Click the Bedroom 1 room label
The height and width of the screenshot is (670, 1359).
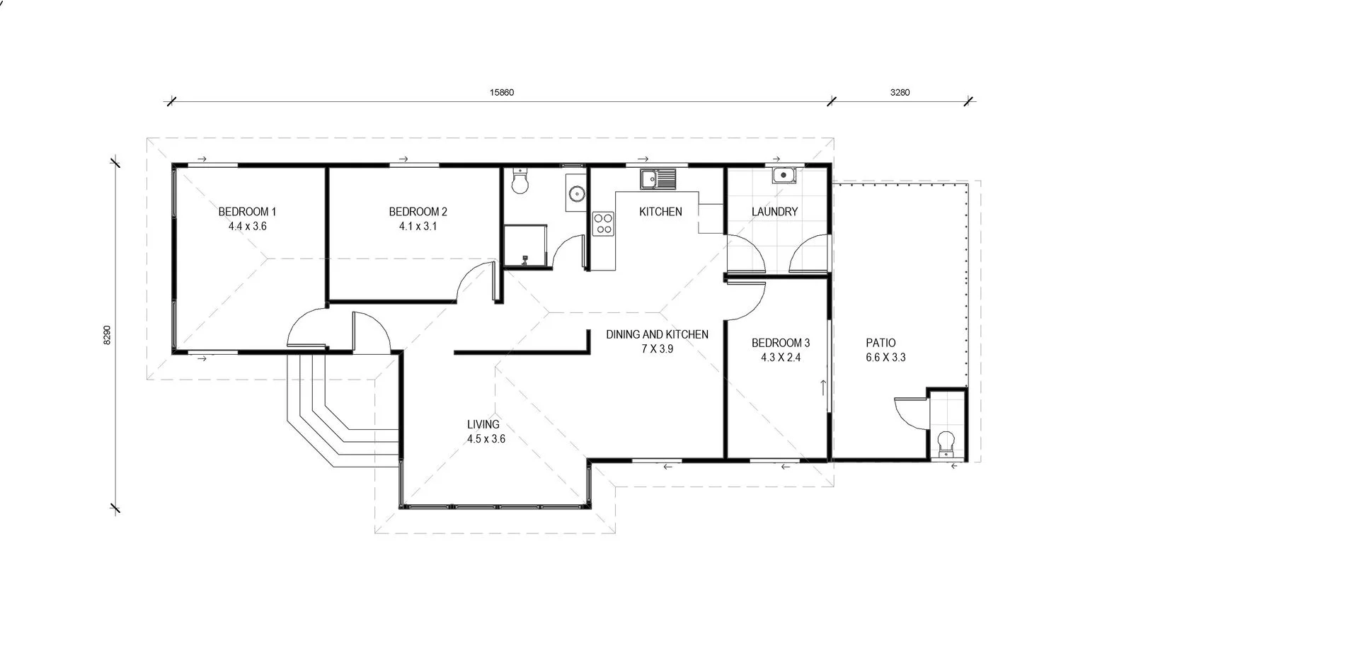tap(247, 211)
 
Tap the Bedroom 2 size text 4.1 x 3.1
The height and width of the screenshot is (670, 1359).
tap(418, 227)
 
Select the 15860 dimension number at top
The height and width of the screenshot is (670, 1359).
tap(502, 92)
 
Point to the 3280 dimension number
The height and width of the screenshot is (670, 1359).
tap(900, 92)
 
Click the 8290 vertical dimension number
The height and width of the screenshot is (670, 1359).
tap(108, 335)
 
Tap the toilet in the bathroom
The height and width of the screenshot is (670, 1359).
tap(520, 182)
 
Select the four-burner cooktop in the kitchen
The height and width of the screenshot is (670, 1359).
tap(603, 224)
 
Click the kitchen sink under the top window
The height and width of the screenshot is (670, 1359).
tap(658, 178)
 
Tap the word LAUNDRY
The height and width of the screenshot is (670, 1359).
tap(774, 211)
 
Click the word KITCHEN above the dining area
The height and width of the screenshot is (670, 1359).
tap(660, 211)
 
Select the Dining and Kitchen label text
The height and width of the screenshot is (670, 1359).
tap(657, 334)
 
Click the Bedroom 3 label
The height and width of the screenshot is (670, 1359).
tap(781, 343)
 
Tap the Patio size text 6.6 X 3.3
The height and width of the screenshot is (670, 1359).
tap(885, 358)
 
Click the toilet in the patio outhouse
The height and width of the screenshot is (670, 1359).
tap(946, 445)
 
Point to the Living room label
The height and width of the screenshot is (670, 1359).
tap(483, 424)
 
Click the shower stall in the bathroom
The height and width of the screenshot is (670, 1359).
tap(526, 246)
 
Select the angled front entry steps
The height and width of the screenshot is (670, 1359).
tap(333, 418)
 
